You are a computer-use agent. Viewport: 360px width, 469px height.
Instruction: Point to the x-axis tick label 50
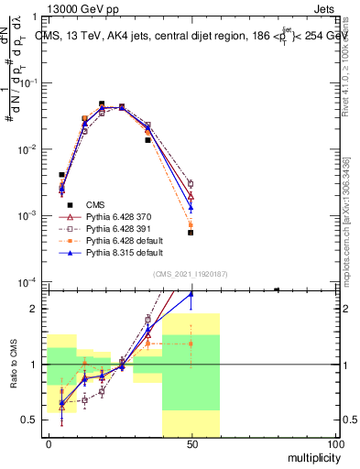click(x=191, y=444)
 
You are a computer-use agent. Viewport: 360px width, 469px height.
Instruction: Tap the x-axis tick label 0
click(x=49, y=444)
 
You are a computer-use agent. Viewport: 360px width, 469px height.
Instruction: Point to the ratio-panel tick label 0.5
click(x=30, y=420)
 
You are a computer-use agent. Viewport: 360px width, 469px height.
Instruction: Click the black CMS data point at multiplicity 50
click(x=191, y=233)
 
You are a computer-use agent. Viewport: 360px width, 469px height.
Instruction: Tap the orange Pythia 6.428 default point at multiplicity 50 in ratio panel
click(x=191, y=344)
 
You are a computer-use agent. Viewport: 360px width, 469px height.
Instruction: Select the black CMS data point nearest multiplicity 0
click(x=61, y=174)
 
